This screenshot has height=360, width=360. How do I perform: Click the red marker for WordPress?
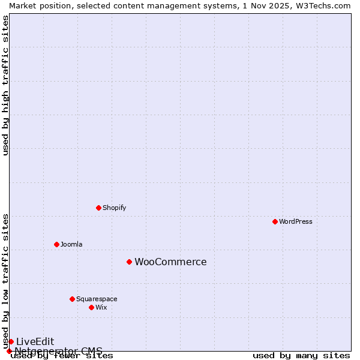coord(275,221)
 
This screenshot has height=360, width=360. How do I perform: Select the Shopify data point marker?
coord(98,208)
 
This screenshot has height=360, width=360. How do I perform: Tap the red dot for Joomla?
coord(56,244)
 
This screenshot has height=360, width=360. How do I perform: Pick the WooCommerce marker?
coord(129,262)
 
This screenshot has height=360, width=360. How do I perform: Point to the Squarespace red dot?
coord(72,299)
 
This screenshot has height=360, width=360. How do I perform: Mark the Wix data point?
coord(91,307)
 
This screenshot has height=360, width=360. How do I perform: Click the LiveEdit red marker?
coord(11,341)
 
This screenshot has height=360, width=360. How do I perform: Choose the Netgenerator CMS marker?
coord(9,351)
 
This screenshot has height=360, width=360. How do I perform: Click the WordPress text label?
coord(296,221)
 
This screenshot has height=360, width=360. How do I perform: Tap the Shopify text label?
coord(114,208)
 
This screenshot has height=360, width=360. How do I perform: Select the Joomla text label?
coord(71,244)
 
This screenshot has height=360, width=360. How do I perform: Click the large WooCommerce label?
coord(170,262)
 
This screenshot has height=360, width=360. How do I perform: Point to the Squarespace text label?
coord(97,299)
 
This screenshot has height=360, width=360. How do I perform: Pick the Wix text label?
coord(101,307)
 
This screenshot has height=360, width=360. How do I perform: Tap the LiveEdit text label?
coord(35,341)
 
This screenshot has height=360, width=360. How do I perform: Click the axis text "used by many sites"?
coord(301,356)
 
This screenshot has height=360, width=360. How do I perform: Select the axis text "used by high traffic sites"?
coord(5,85)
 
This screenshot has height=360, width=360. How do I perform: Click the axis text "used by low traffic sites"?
coord(5,281)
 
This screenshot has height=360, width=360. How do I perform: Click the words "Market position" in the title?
coord(37,5)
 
